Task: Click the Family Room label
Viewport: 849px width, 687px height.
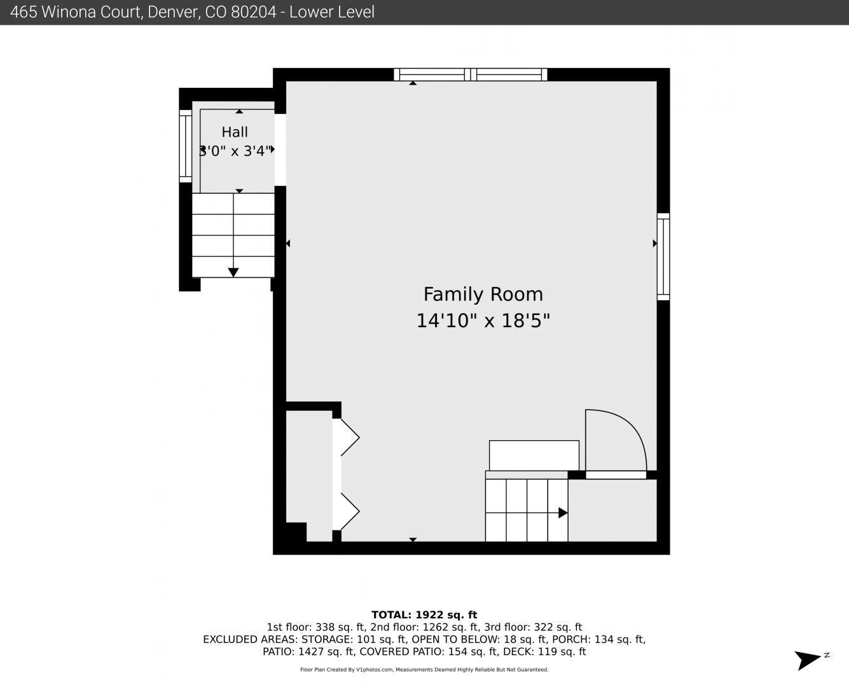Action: coord(483,295)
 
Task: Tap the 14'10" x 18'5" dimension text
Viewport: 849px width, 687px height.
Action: coord(483,321)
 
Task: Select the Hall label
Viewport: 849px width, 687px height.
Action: coord(235,132)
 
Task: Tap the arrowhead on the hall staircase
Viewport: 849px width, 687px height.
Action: coord(233,273)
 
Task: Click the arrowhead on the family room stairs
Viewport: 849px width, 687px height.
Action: coord(563,513)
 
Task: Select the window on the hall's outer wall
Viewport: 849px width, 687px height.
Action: coord(185,146)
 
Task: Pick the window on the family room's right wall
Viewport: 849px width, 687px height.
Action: coord(663,257)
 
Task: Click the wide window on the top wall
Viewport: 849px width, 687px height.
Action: coord(471,74)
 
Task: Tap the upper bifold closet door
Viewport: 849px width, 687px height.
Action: coord(346,438)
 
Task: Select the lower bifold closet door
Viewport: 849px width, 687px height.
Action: coord(346,511)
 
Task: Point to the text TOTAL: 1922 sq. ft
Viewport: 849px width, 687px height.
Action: coord(424,615)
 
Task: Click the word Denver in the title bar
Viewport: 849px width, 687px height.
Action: coord(173,12)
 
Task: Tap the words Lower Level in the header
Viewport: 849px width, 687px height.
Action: coord(332,12)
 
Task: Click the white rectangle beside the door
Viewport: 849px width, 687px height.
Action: coord(534,455)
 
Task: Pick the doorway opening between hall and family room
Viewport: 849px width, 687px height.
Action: coord(280,150)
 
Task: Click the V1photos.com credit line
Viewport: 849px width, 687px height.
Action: coord(424,670)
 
